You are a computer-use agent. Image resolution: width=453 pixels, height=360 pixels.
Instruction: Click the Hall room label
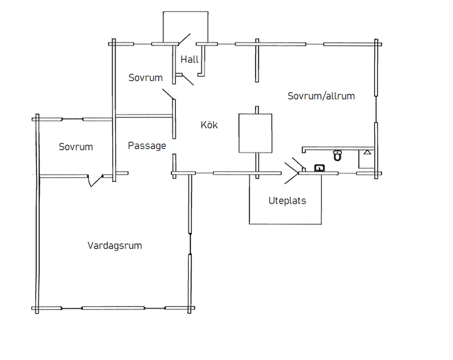189,60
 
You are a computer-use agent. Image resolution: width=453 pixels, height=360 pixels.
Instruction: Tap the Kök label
209,125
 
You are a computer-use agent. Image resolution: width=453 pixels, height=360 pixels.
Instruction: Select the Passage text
147,146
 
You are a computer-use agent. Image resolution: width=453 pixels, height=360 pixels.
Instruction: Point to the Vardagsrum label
115,245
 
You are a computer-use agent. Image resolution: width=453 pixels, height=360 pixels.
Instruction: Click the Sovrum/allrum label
321,96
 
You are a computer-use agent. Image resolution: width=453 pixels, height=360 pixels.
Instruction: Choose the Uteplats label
287,200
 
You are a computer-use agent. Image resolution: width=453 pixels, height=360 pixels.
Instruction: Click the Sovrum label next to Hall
146,77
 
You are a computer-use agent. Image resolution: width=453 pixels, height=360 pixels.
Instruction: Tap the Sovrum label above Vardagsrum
76,147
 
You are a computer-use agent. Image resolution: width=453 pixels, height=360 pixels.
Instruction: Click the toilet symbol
338,155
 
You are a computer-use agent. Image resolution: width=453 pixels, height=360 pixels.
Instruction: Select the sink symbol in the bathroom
319,168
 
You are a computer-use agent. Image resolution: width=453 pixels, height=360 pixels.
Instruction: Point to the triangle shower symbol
367,152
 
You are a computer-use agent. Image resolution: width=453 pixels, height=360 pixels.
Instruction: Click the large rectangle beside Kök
255,133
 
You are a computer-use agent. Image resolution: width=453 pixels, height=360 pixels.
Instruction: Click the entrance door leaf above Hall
184,39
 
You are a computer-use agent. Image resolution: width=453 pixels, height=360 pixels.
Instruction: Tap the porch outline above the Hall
185,12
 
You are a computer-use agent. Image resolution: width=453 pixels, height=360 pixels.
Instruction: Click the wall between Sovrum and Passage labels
113,110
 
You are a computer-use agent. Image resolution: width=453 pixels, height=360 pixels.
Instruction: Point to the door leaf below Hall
188,80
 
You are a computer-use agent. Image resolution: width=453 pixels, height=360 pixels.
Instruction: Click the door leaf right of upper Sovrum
168,94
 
